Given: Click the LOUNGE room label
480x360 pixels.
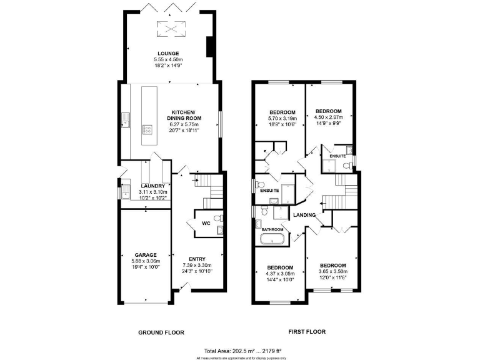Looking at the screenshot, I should (x=169, y=54).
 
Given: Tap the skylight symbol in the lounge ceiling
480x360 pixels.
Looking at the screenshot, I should (x=167, y=28).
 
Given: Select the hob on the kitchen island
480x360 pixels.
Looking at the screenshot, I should (x=148, y=130).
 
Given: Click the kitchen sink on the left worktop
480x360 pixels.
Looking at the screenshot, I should (x=126, y=119).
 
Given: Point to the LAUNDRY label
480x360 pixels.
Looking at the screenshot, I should (x=152, y=186).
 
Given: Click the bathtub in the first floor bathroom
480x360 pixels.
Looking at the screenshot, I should (x=273, y=239).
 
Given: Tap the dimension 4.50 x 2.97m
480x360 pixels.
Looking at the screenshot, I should (x=328, y=116).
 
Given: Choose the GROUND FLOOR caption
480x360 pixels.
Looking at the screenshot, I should (x=161, y=332).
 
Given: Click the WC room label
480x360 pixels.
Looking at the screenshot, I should (x=206, y=223).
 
